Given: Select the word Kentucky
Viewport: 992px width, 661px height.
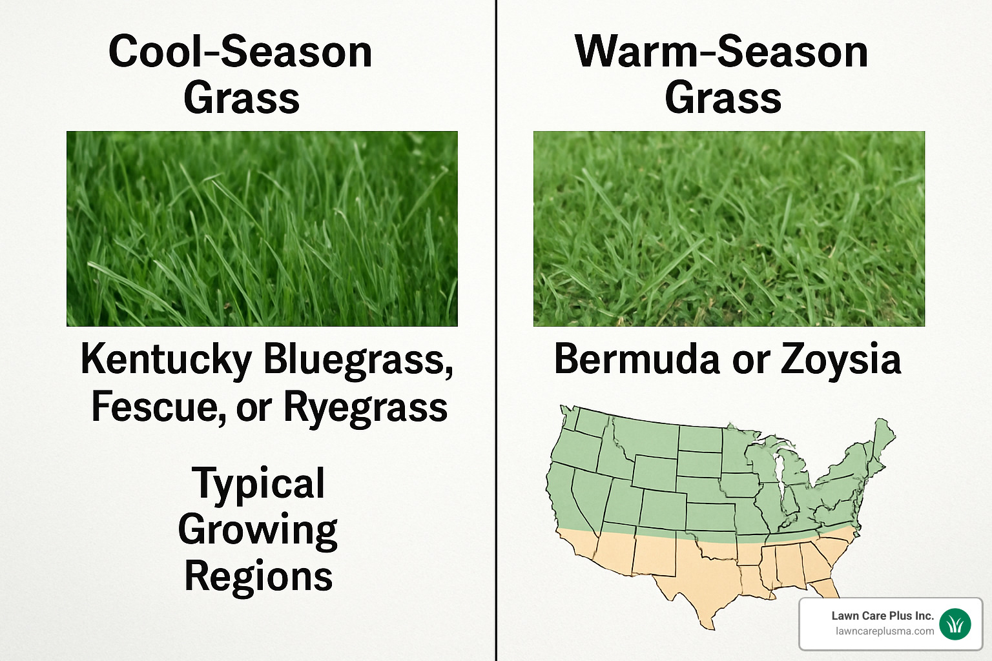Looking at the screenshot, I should coord(166,360).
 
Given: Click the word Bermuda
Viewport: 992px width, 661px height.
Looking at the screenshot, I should coord(636,359).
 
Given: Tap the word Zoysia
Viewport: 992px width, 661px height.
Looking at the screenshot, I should coord(840,360).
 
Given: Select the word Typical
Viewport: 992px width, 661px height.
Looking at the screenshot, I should coord(258,483).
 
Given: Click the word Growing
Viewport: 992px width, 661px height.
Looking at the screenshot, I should coord(258,531).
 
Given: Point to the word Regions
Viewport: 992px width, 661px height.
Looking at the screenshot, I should coord(258,576).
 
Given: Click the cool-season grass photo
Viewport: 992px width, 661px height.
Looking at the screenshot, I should coord(262,229).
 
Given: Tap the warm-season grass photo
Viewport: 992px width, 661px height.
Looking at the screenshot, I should coord(728,229).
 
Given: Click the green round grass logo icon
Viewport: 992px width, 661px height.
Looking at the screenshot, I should coord(955,624).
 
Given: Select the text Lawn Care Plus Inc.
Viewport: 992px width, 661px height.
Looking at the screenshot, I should coord(882,616).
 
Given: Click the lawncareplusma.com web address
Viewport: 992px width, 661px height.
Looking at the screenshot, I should coord(884,631).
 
